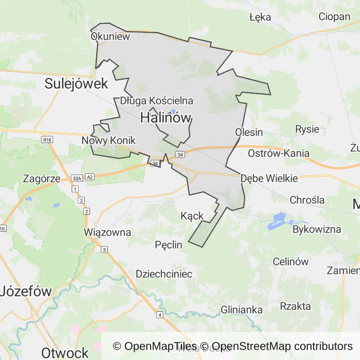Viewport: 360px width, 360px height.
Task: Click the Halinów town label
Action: (166, 118)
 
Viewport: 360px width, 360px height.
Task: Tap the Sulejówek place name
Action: (76, 84)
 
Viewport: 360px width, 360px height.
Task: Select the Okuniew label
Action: (110, 37)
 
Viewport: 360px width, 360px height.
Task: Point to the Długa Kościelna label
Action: (157, 101)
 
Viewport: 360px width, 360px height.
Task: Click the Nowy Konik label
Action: (108, 141)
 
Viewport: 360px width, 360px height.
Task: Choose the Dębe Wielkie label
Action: (269, 179)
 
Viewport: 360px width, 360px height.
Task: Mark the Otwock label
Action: (65, 352)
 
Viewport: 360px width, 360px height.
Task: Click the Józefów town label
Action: (26, 291)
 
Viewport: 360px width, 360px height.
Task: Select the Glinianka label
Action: (241, 309)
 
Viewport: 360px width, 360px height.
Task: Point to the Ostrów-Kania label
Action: (278, 153)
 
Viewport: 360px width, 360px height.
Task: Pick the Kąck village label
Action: (192, 216)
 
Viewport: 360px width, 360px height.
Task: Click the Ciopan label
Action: (334, 17)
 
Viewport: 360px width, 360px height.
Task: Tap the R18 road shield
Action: (46, 140)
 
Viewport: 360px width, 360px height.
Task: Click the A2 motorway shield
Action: (90, 177)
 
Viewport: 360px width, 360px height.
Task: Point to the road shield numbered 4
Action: (160, 314)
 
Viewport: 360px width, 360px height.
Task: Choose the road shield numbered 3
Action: (105, 249)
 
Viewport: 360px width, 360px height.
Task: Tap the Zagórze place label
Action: (42, 179)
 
